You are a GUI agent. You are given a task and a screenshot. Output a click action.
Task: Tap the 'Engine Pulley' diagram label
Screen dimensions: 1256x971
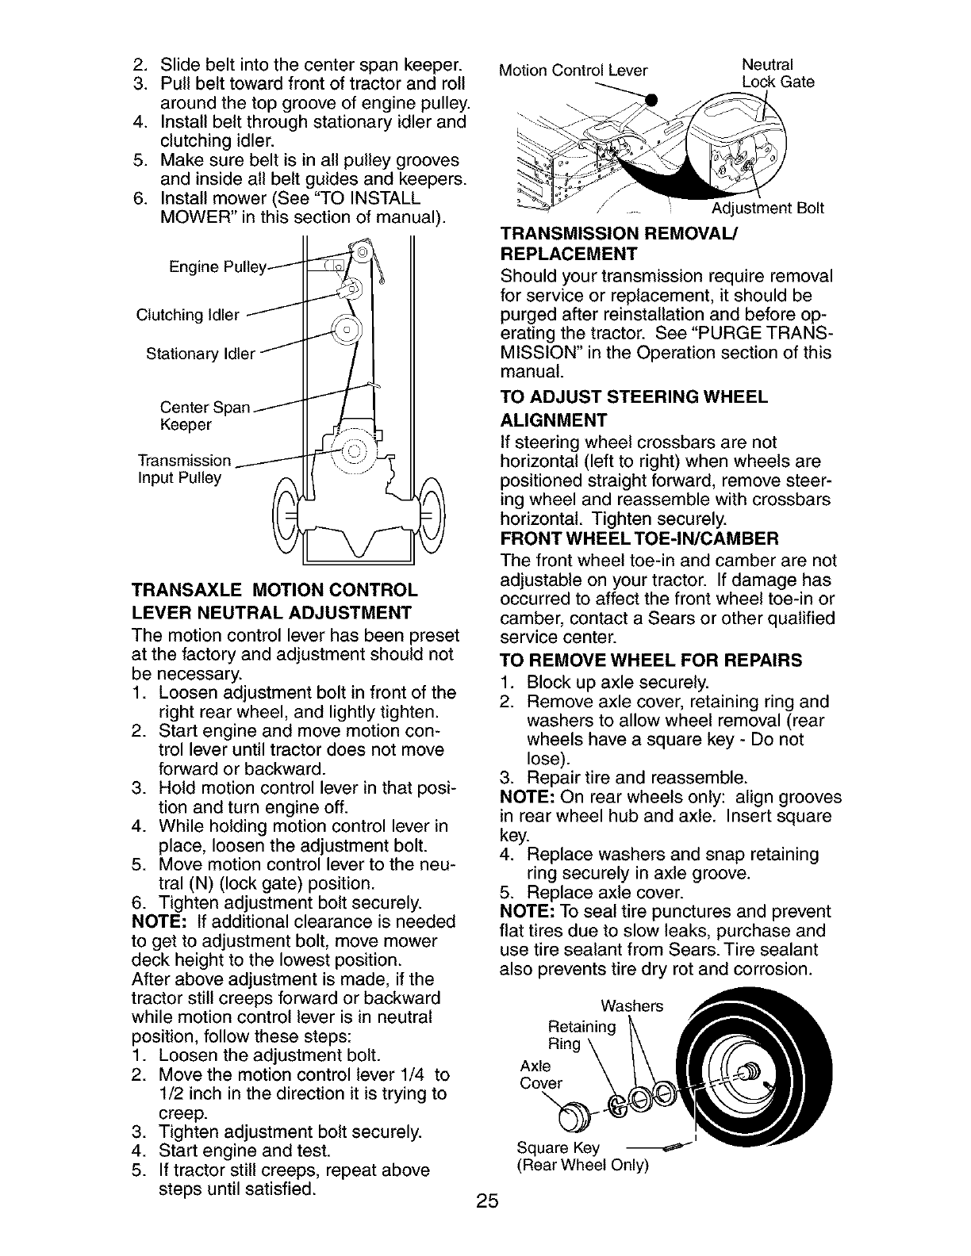(x=216, y=266)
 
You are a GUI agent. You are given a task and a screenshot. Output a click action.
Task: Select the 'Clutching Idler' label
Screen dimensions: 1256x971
(x=187, y=315)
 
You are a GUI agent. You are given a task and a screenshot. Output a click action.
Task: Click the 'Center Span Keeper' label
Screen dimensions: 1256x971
(x=204, y=416)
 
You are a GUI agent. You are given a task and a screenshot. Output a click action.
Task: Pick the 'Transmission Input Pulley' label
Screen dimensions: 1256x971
(x=184, y=469)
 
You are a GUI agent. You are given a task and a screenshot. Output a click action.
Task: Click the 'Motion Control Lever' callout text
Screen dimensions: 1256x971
(x=574, y=71)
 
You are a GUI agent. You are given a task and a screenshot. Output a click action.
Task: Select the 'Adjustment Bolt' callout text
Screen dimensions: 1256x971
(x=767, y=209)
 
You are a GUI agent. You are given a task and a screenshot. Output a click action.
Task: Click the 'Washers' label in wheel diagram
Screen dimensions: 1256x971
(x=631, y=1006)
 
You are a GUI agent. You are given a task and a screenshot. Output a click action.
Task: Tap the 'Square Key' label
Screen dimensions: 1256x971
(x=558, y=1147)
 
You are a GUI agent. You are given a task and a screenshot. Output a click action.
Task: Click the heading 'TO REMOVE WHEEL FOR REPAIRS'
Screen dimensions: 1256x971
(x=651, y=660)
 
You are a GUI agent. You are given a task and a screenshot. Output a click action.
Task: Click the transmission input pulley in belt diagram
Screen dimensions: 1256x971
(x=351, y=452)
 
